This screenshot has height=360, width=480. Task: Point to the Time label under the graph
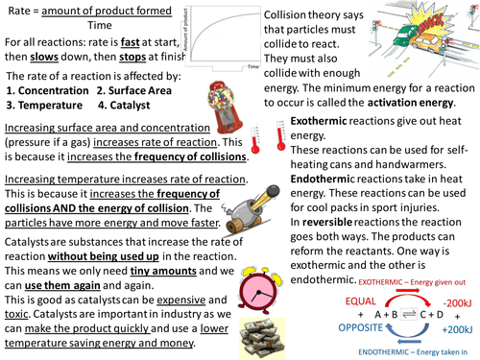pyautogui.click(x=252, y=69)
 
